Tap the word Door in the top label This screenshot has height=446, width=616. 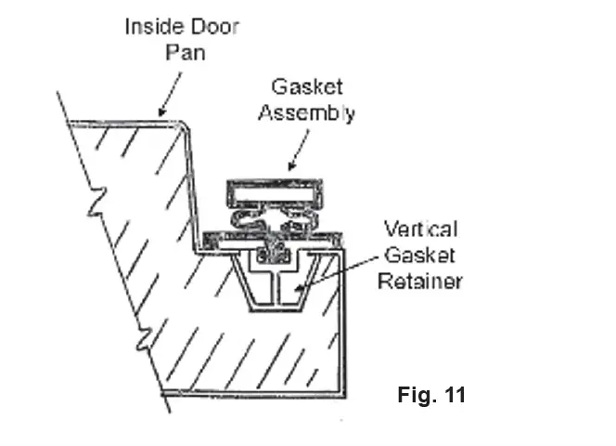213,26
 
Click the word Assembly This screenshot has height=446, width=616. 307,114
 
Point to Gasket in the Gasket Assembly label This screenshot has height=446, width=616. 307,87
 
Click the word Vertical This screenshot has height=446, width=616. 421,229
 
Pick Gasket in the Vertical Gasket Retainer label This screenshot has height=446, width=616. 420,255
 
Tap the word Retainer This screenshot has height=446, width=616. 420,281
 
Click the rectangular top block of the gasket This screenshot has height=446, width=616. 278,194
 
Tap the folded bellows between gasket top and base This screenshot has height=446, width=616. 275,221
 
